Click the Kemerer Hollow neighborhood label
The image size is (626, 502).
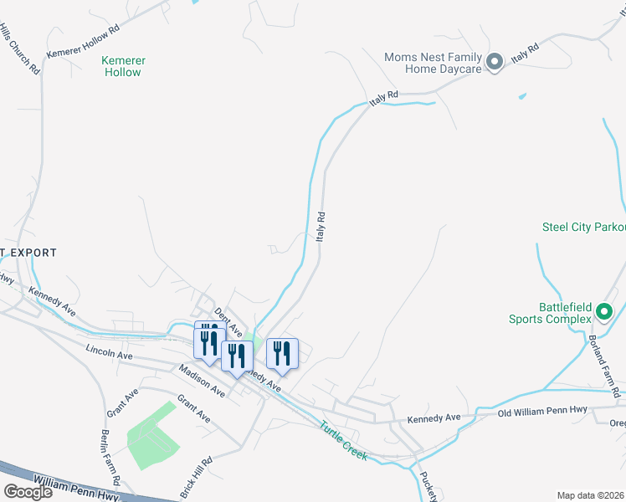(123, 66)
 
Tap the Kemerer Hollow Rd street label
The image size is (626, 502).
(84, 40)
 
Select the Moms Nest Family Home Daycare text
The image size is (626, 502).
(433, 63)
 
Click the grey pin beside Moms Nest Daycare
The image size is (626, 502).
(494, 61)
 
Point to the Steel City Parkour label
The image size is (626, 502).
(583, 227)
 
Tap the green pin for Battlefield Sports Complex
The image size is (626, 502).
(604, 313)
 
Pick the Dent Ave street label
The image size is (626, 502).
(227, 320)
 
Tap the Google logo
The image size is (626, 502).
(28, 492)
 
